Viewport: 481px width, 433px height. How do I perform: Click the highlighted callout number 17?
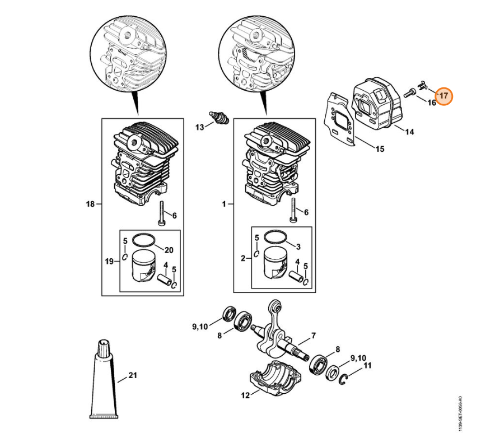coord(444,96)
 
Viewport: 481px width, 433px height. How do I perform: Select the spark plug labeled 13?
coord(219,118)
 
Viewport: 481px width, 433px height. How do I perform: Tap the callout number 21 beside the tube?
coord(133,375)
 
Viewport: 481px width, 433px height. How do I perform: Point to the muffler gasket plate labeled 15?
coord(339,118)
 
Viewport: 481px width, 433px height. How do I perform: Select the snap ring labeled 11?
coord(344,380)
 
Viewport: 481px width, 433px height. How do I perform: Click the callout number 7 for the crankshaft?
coord(313,336)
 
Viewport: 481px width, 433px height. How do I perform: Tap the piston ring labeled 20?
coord(144,240)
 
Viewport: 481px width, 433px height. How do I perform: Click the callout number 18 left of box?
coord(90,204)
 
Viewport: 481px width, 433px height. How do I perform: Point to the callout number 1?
coord(224,204)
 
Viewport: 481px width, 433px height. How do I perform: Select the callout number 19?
coord(110,262)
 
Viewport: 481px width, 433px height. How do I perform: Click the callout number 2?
coord(243,258)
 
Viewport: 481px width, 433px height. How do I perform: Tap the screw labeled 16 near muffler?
coord(409,92)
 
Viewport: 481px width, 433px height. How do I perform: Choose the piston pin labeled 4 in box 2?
coord(296,275)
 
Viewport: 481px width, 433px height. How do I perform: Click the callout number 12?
coord(245,395)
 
